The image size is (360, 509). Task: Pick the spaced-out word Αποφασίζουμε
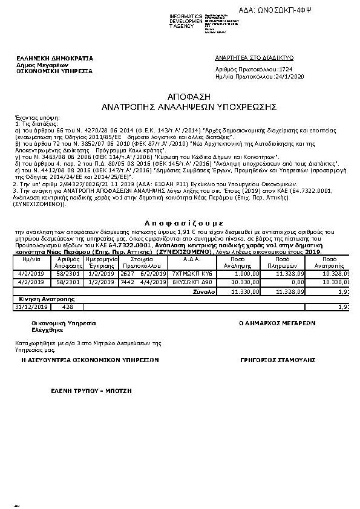tap(180, 222)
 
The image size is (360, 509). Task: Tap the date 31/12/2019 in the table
tap(30, 307)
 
